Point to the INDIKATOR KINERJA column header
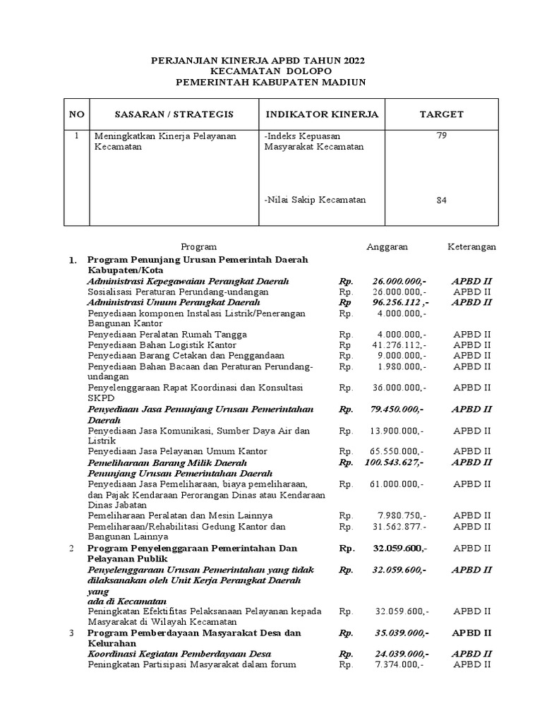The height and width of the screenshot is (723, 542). [x=322, y=114]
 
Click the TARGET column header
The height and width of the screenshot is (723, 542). [x=442, y=114]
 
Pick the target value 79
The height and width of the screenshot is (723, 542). [x=442, y=136]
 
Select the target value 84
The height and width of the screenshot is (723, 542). [x=442, y=201]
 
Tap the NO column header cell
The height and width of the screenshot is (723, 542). [x=76, y=114]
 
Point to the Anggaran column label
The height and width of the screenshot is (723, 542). [x=387, y=246]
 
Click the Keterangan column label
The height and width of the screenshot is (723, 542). [x=471, y=246]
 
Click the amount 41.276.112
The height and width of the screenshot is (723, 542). [x=400, y=345]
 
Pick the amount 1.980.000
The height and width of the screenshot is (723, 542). [x=401, y=366]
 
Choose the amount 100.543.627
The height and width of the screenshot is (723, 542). [x=395, y=462]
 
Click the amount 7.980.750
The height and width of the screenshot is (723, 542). [x=401, y=515]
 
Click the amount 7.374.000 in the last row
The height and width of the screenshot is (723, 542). [x=401, y=664]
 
